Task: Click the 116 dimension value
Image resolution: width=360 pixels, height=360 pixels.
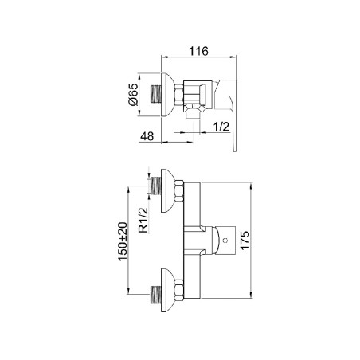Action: pos(198,51)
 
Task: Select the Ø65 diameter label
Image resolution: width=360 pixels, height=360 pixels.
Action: pos(134,95)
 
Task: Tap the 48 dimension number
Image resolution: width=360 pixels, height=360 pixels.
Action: pos(147,136)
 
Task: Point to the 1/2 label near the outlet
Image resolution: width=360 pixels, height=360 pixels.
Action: pos(221,127)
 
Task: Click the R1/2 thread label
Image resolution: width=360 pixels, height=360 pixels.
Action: pos(143,220)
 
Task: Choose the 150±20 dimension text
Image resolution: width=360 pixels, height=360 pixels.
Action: pos(123,241)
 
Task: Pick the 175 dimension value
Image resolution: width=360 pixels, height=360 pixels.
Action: pos(245,240)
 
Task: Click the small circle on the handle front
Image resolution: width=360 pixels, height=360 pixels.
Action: pos(226,241)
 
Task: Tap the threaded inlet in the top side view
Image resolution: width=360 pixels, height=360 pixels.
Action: pos(156,94)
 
